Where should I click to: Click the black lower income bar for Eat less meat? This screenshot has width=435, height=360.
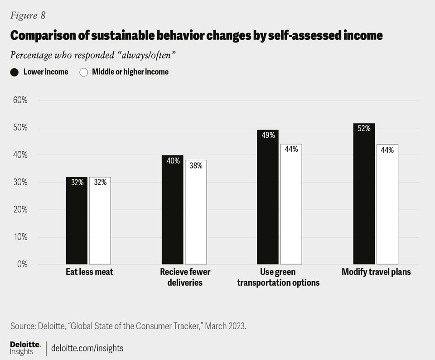pos(76,221)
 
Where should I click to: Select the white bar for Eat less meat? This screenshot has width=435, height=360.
pos(100,221)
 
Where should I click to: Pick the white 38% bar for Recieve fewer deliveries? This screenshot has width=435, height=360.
pos(196,212)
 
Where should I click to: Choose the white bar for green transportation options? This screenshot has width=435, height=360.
pos(291,204)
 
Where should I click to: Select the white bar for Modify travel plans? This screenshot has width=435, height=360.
pos(387,204)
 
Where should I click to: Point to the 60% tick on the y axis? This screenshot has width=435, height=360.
pos(20,100)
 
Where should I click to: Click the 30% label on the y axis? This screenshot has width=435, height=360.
pos(20,182)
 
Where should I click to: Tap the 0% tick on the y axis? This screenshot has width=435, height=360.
pos(22,264)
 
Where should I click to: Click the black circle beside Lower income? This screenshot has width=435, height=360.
pos(14,72)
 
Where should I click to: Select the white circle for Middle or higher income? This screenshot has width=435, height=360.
pos(83,72)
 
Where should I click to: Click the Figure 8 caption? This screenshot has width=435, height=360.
pos(28,15)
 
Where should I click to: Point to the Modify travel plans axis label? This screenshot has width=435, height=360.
pos(376,272)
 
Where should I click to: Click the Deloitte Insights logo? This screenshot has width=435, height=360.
pos(25,348)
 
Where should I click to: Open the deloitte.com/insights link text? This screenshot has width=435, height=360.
pos(87,348)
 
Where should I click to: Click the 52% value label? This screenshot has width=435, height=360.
pos(364,129)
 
